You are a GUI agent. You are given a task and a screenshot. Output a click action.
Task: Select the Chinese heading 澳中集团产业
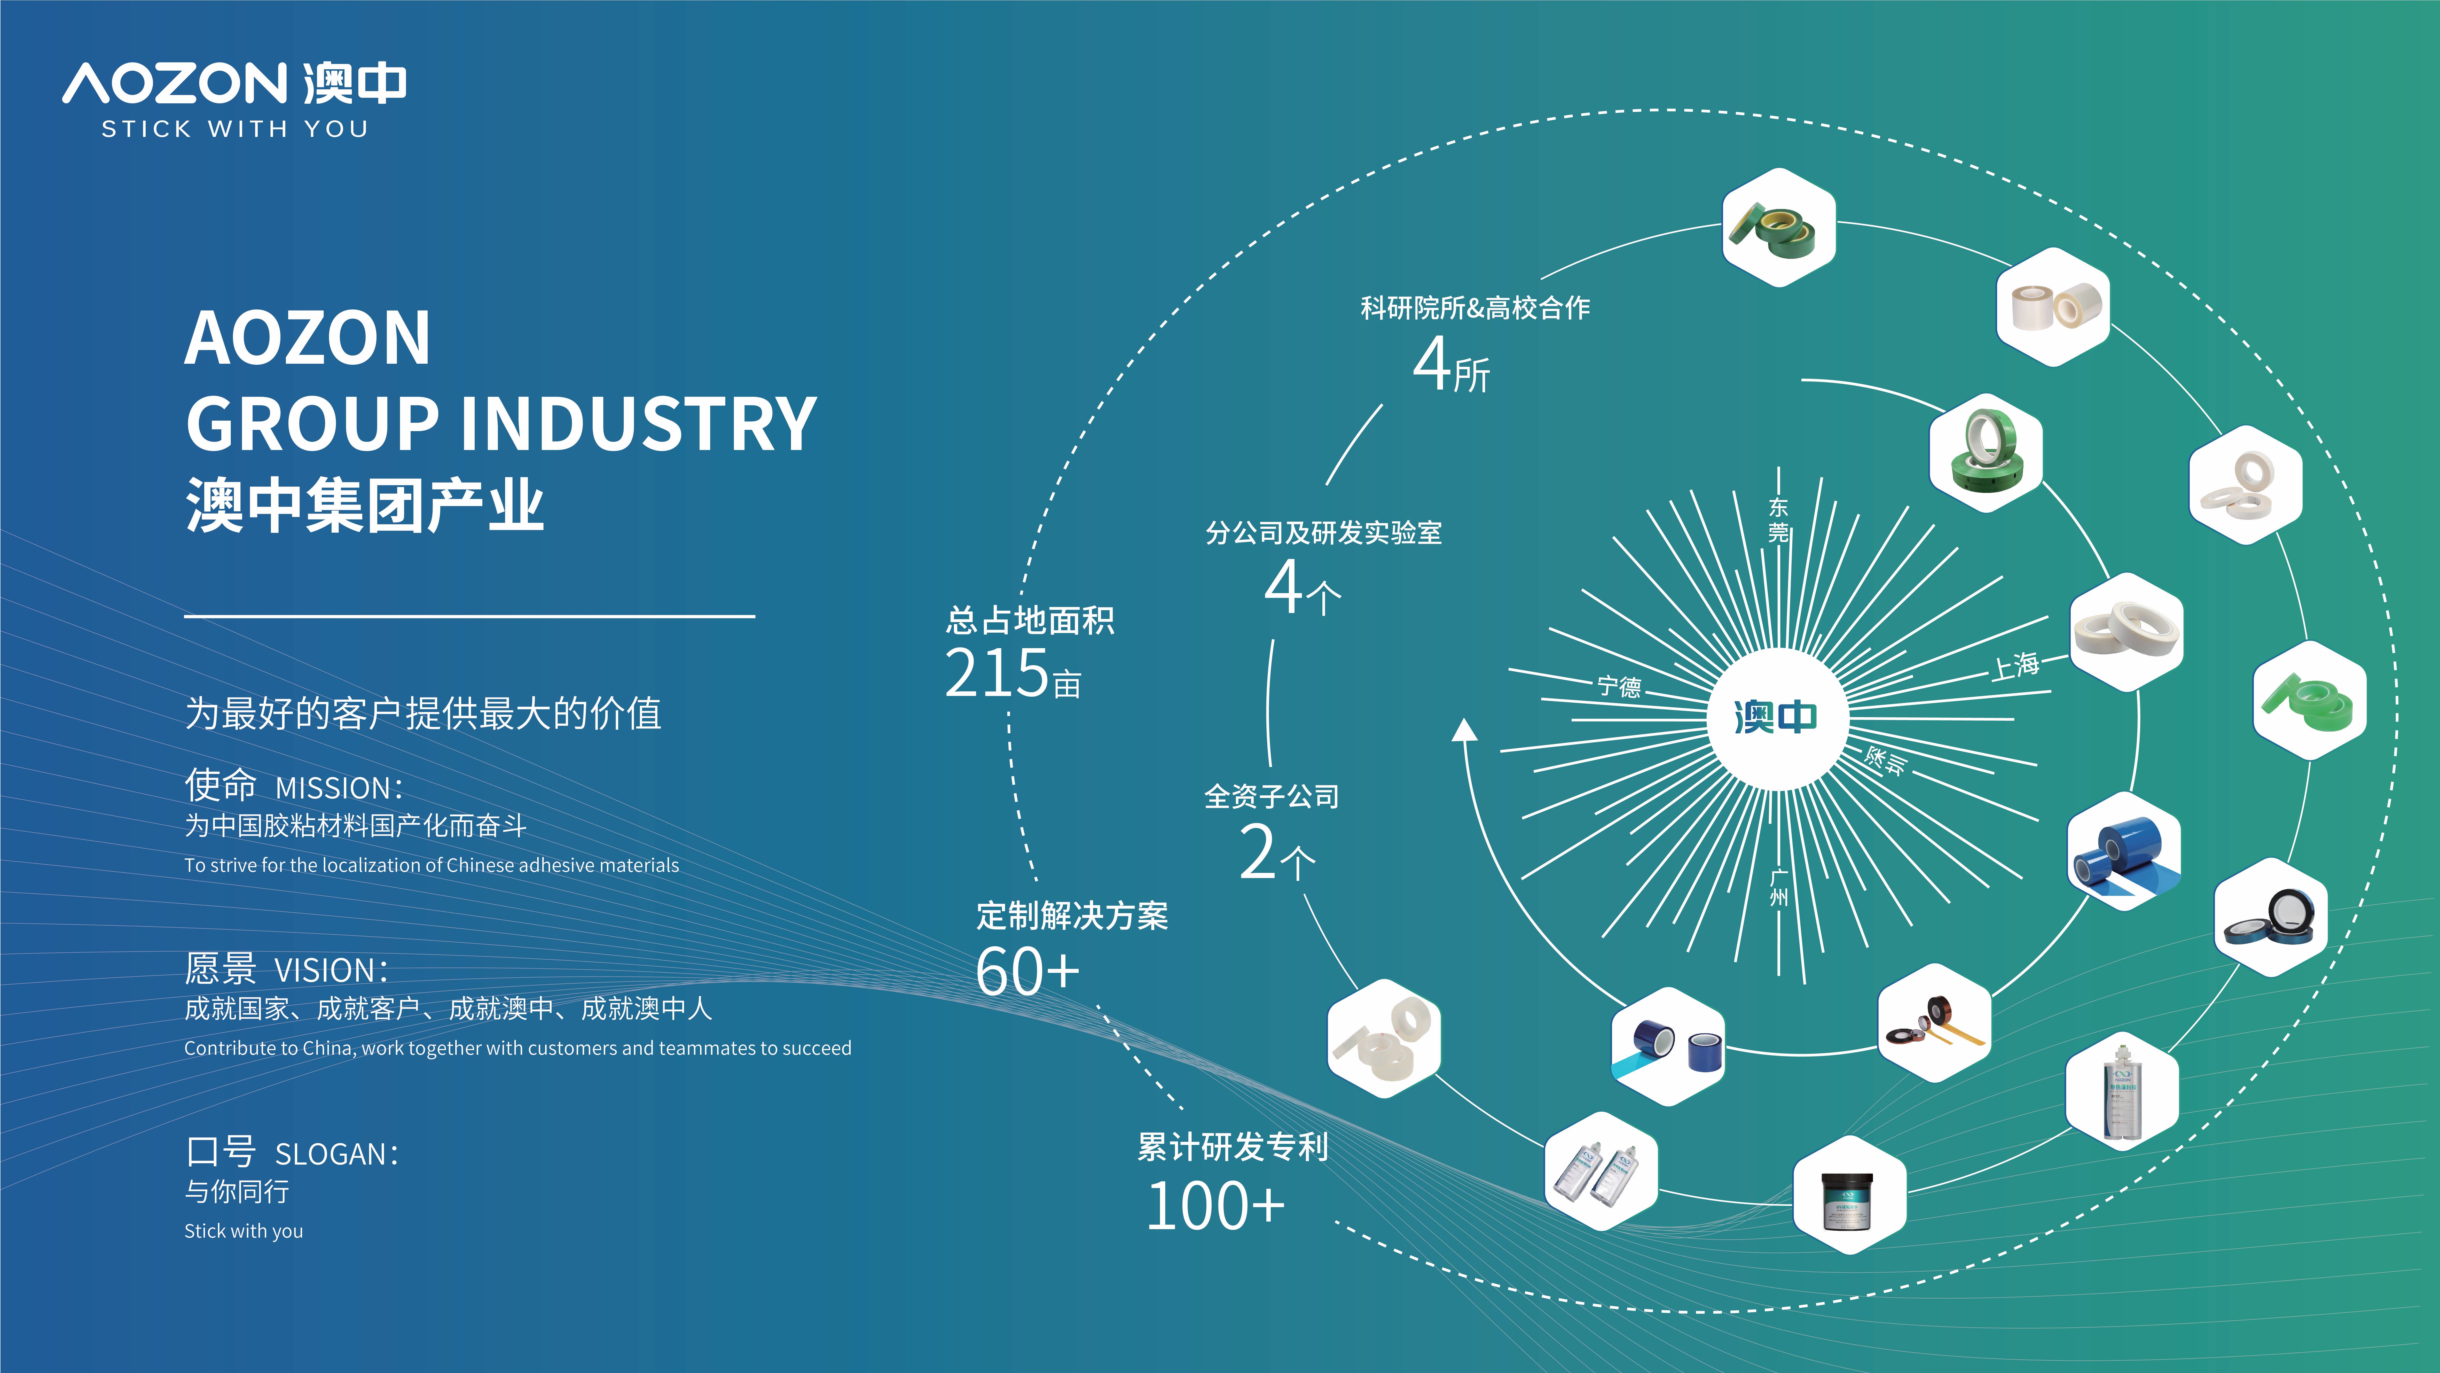(x=365, y=505)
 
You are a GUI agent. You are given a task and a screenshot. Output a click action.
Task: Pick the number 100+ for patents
(x=1214, y=1206)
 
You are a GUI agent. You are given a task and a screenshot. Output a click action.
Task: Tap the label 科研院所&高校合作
(x=1475, y=308)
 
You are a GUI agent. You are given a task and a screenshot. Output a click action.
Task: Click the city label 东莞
(x=1779, y=520)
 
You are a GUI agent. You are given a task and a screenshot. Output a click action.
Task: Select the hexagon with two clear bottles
(x=1601, y=1171)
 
